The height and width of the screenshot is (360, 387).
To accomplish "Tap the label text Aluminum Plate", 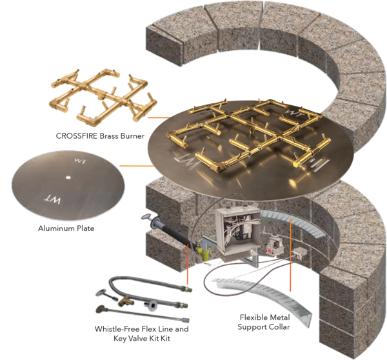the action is pos(66,228).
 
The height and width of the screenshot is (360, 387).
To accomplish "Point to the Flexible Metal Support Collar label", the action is pos(264,322).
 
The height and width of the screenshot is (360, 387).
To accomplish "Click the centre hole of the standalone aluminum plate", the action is pos(68,177).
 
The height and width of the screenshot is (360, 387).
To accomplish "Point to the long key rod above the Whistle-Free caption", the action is pos(143,314).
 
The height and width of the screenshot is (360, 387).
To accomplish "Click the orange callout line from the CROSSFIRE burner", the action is pos(159,117).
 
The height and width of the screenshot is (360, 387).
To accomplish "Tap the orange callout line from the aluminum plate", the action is pos(137,166).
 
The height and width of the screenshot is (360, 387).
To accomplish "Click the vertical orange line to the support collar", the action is pos(290,254).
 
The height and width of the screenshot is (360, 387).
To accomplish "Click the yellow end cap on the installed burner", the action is pos(295,164).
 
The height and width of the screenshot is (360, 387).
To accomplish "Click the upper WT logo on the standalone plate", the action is pos(80,161).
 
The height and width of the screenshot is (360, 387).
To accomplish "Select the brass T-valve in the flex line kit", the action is pos(126,302).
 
